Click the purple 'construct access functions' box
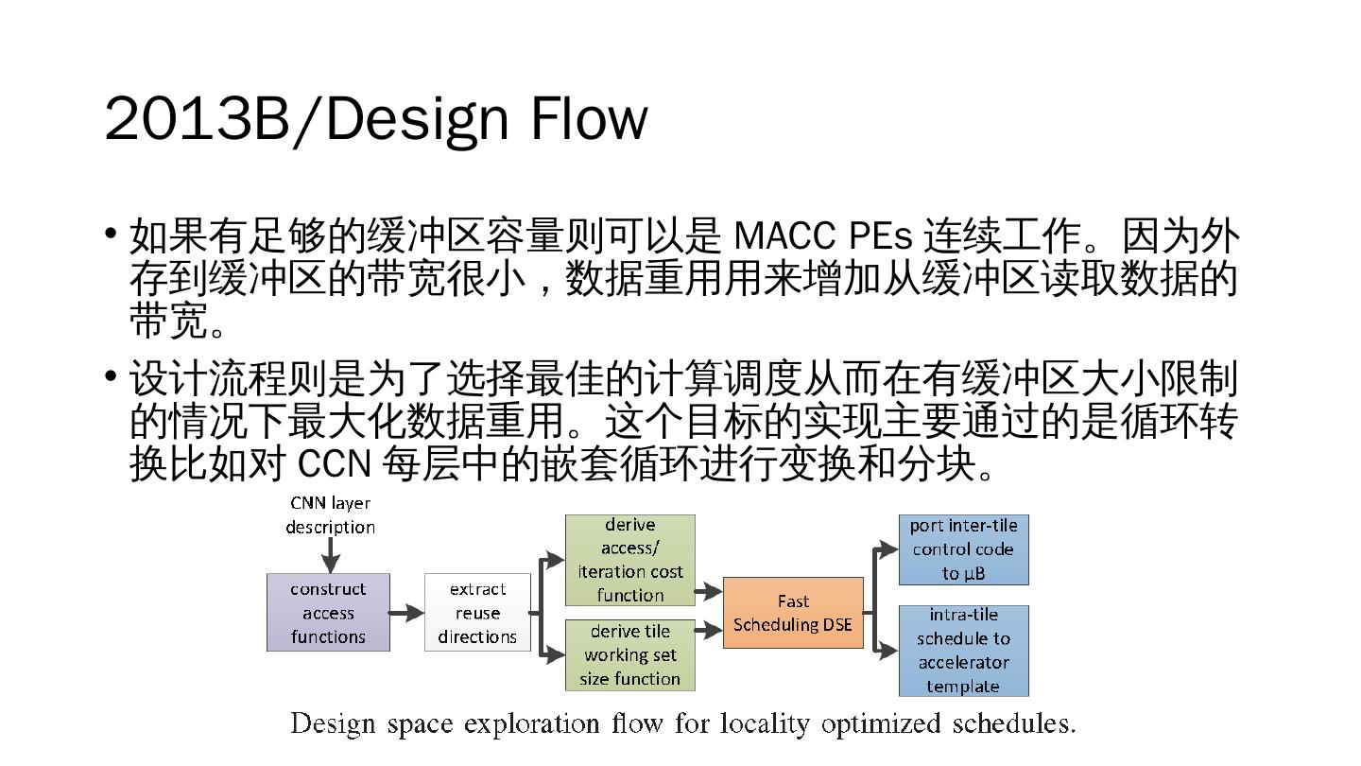[x=328, y=612]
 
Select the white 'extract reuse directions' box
[x=477, y=612]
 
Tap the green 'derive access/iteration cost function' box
[x=629, y=560]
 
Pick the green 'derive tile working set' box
[x=629, y=654]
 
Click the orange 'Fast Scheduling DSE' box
[x=793, y=613]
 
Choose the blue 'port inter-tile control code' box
[x=963, y=549]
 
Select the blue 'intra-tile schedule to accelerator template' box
[x=963, y=651]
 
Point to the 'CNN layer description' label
[x=330, y=515]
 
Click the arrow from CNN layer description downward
[x=330, y=555]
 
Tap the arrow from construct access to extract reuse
[x=406, y=613]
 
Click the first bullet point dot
[x=112, y=233]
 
